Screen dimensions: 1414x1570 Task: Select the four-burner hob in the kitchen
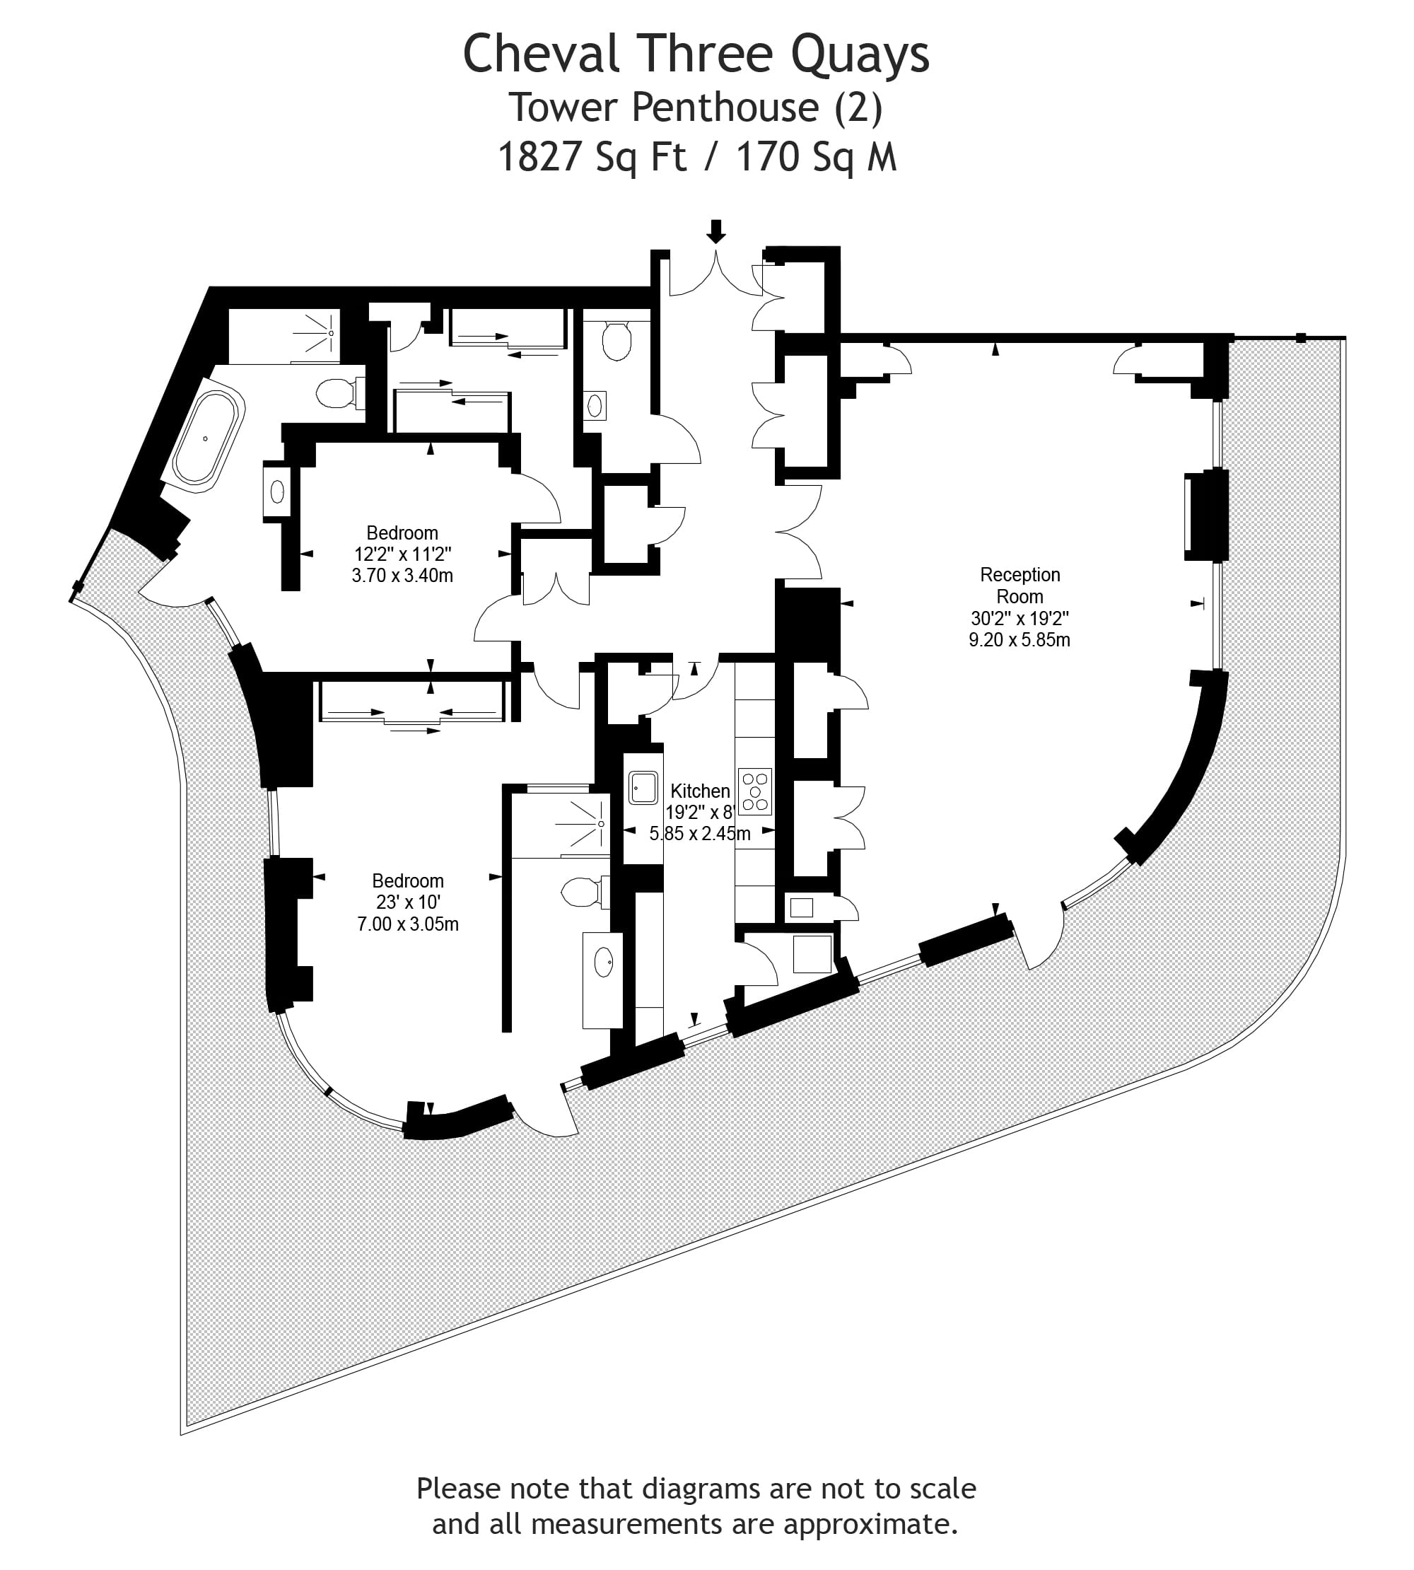click(755, 791)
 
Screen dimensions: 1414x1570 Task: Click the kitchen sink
click(643, 787)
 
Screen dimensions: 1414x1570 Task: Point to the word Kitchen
click(700, 791)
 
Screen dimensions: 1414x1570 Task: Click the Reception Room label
click(1020, 586)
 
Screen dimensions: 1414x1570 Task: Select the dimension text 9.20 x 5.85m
click(1019, 639)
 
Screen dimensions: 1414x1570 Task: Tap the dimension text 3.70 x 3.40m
click(402, 576)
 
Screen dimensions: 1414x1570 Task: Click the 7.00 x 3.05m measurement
click(408, 924)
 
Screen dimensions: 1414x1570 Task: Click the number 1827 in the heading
click(540, 156)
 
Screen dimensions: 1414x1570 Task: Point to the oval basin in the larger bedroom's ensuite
click(604, 964)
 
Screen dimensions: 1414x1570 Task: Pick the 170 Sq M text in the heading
click(817, 156)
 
